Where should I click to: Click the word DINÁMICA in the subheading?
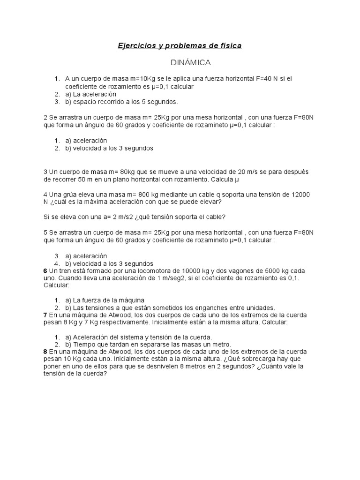tap(189, 62)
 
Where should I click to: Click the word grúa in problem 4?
tap(72, 194)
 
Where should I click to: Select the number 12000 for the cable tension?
tap(299, 194)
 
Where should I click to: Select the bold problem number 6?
tap(45, 270)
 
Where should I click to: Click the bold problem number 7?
tap(45, 315)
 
